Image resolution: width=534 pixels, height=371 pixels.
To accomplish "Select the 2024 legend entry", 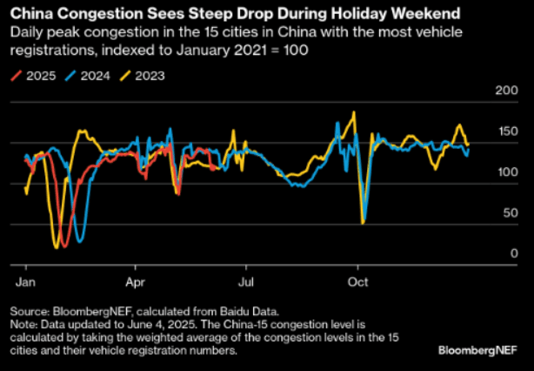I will (89, 75).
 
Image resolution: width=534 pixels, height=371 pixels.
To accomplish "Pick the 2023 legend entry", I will (144, 75).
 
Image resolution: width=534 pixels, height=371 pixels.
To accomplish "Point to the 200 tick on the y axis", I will (505, 91).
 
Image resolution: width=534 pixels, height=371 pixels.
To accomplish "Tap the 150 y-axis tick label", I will (505, 132).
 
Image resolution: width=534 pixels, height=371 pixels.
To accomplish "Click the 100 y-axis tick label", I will (505, 172).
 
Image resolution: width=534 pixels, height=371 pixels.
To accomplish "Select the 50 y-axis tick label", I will (509, 212).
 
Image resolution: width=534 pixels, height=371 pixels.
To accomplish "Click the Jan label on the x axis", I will (26, 282).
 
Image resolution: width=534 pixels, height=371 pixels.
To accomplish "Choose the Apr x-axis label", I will (136, 282).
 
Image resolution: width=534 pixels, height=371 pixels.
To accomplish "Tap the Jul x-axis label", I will (246, 282).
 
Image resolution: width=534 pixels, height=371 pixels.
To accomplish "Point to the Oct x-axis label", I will (357, 282).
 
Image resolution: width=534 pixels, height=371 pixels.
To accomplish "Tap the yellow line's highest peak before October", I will (353, 112).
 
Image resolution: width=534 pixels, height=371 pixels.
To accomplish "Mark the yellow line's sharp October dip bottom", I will (362, 223).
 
